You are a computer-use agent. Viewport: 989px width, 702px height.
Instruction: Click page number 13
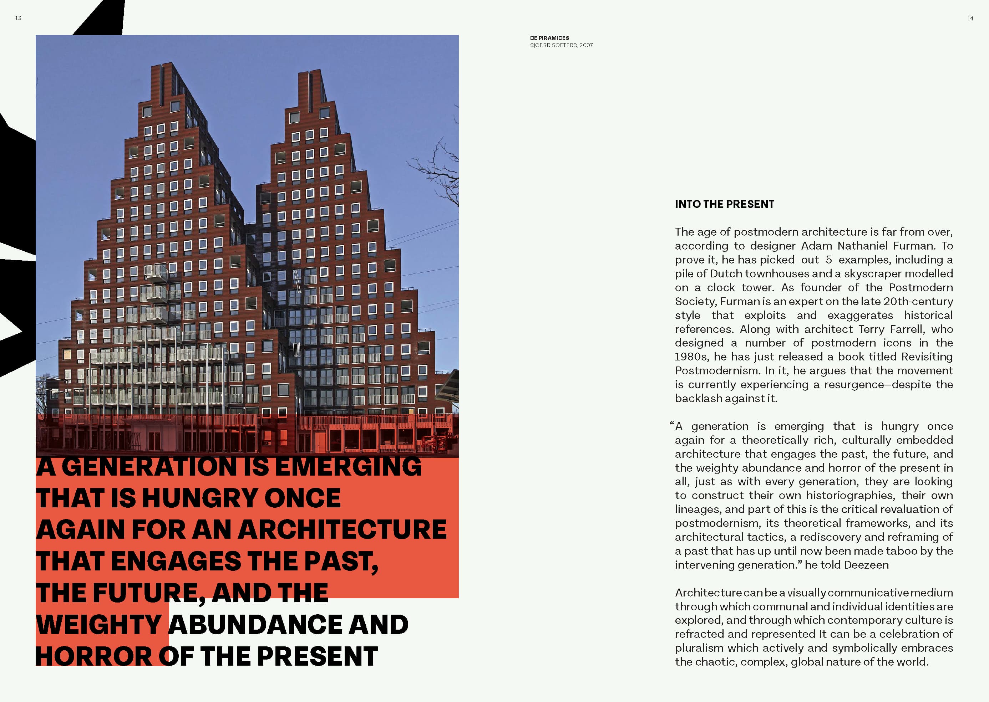pyautogui.click(x=18, y=18)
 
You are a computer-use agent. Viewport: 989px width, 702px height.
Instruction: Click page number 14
pyautogui.click(x=970, y=19)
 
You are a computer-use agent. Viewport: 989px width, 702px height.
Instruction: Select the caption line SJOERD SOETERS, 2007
pyautogui.click(x=561, y=45)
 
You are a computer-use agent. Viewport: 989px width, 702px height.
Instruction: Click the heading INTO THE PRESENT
pyautogui.click(x=724, y=204)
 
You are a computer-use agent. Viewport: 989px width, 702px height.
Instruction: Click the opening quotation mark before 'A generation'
pyautogui.click(x=671, y=425)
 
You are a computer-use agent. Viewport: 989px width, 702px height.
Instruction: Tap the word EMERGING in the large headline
pyautogui.click(x=348, y=467)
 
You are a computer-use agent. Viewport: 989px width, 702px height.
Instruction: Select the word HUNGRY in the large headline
pyautogui.click(x=198, y=498)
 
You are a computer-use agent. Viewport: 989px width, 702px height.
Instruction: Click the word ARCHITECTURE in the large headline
pyautogui.click(x=342, y=529)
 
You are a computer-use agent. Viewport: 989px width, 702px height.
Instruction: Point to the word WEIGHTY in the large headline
pyautogui.click(x=99, y=625)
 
